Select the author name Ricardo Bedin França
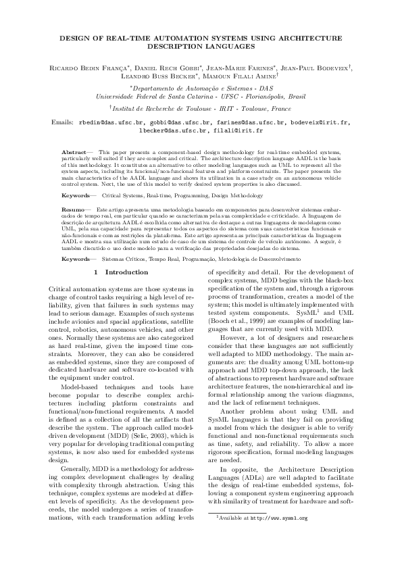(x=85, y=68)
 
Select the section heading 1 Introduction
(x=121, y=272)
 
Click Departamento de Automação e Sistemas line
(x=201, y=88)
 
